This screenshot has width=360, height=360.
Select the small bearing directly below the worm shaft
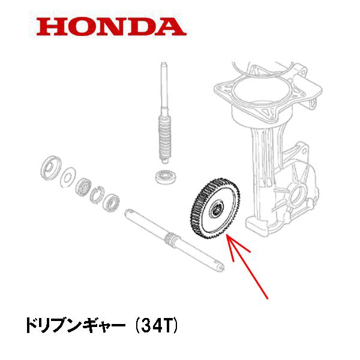[164, 177]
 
